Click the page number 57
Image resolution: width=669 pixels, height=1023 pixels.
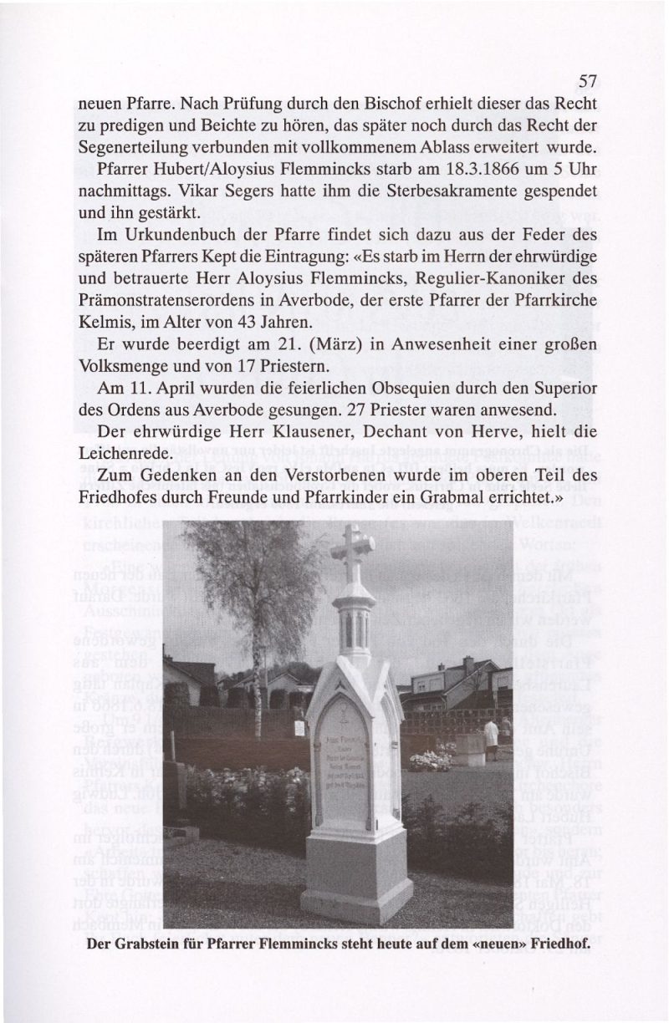(585, 83)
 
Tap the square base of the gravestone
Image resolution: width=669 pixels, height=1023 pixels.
(357, 878)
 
